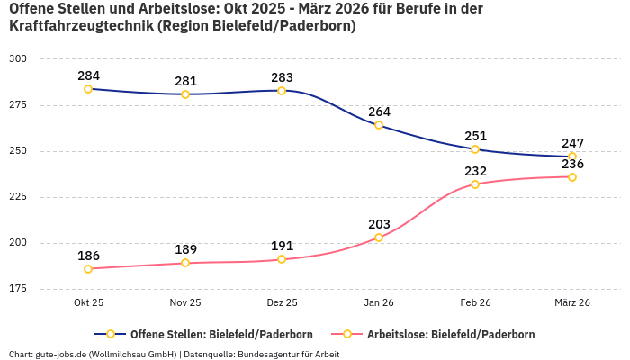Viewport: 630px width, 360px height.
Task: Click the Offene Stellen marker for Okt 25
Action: tap(88, 89)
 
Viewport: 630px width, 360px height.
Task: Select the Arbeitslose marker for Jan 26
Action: tap(379, 238)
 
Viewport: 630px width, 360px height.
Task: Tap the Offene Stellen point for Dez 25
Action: tap(282, 91)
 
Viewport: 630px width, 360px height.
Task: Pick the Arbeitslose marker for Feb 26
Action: tap(475, 184)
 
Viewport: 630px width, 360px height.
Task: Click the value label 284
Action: tap(89, 75)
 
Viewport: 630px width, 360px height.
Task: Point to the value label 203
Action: tap(379, 224)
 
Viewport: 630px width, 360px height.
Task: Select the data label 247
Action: tap(572, 143)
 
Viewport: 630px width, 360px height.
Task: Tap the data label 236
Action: tap(572, 164)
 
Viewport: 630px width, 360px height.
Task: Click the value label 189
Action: tap(185, 249)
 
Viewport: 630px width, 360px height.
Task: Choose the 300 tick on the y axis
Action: tap(18, 59)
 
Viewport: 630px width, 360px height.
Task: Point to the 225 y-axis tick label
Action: tap(18, 197)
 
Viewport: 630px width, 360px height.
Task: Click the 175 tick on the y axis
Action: tap(18, 289)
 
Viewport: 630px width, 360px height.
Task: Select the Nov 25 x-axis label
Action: tap(185, 303)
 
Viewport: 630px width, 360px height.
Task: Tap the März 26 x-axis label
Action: tap(571, 303)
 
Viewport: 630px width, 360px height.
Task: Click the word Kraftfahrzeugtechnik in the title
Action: tap(81, 26)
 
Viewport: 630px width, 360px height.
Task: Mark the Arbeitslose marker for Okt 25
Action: tap(88, 269)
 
